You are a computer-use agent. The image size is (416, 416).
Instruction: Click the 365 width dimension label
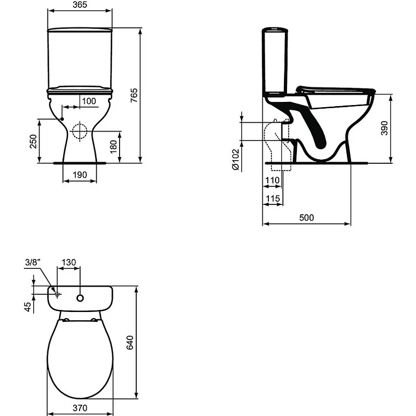80,5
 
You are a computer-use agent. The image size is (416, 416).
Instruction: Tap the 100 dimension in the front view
89,101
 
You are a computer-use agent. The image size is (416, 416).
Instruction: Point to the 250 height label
32,141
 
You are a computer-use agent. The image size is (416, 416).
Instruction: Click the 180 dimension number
114,146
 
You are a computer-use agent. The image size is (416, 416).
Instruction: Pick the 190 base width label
80,175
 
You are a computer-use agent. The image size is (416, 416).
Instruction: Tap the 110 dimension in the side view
272,180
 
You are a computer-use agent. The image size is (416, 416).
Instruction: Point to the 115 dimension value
272,199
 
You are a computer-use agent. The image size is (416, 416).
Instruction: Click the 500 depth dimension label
307,218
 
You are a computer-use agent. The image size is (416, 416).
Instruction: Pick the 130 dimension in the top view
69,263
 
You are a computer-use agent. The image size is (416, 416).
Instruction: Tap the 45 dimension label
27,307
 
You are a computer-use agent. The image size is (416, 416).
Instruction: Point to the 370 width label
80,407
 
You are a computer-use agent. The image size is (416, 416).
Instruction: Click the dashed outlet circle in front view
80,132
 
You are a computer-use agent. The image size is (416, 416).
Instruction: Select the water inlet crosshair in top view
57,295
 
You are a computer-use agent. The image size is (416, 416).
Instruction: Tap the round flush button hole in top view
80,298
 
